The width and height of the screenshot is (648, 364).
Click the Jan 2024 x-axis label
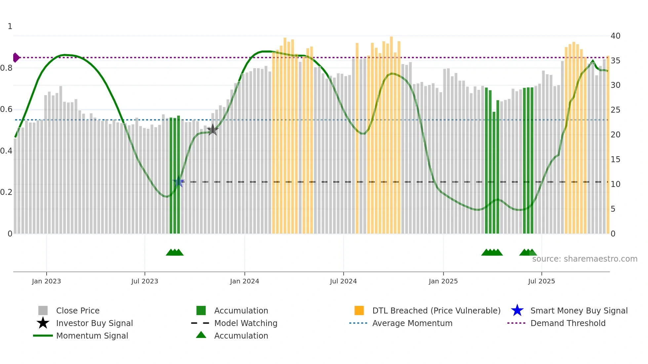click(244, 281)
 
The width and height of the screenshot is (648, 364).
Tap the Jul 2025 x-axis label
click(541, 281)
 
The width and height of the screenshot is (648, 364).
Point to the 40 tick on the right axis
click(615, 36)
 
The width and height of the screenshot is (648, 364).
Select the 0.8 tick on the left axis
click(6, 68)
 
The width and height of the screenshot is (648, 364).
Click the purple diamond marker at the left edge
click(16, 57)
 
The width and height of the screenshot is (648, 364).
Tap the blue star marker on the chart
click(179, 182)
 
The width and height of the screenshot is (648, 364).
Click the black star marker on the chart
click(213, 130)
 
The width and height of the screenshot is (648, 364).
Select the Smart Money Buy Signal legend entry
click(579, 310)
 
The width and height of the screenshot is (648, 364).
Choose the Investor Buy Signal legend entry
click(94, 323)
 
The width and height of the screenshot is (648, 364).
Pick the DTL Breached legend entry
click(436, 310)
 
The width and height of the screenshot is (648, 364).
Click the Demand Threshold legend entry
click(568, 323)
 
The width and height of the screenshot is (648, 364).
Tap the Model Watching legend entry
click(245, 323)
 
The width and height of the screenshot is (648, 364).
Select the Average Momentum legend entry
click(412, 323)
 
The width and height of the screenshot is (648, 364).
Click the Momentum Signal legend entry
click(92, 336)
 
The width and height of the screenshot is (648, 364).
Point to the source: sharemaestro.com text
click(585, 259)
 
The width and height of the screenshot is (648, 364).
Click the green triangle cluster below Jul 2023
click(175, 252)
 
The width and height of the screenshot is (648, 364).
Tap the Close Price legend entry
click(78, 310)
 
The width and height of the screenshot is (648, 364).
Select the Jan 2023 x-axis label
click(46, 281)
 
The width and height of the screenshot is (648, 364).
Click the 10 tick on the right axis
click(615, 184)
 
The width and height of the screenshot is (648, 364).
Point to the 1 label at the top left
click(10, 26)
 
